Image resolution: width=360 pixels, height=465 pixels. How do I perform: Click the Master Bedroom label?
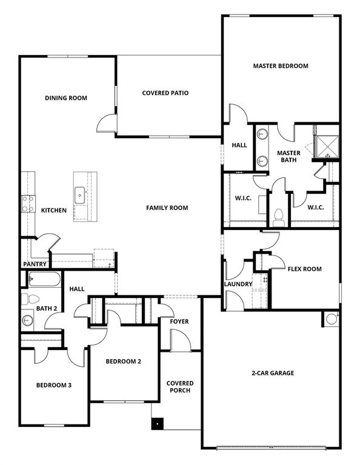281,66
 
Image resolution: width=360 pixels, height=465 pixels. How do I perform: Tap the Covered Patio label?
165,93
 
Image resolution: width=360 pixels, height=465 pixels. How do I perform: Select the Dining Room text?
66,98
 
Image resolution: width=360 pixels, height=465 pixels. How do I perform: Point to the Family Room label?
167,208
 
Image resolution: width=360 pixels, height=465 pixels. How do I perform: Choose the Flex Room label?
304,269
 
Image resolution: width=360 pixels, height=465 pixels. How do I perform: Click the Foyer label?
179,322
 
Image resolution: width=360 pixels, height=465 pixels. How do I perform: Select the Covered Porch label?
180,386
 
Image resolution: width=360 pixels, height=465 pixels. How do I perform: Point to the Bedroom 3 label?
54,385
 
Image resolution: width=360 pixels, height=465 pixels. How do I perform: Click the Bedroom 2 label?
123,361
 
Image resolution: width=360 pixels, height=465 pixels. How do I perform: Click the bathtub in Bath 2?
44,280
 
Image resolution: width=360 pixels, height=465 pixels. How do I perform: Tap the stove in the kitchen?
28,204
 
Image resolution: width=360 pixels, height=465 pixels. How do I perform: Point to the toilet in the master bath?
279,216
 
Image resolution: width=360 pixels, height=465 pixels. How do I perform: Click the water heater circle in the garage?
332,318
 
